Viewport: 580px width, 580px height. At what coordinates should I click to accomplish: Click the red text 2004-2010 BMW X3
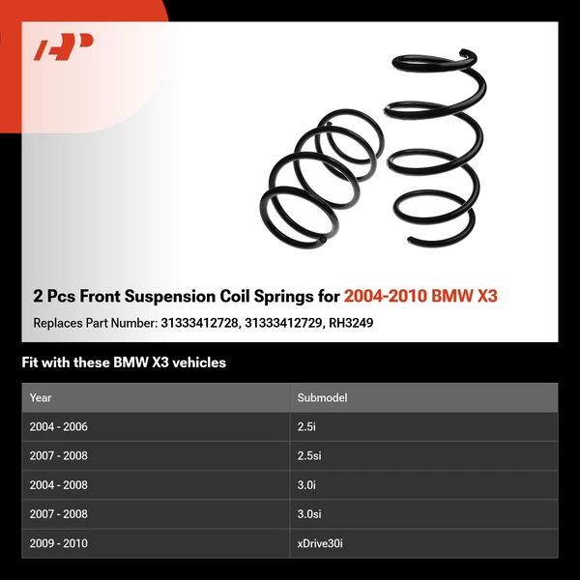point(420,295)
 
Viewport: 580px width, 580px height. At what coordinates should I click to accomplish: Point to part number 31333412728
point(199,323)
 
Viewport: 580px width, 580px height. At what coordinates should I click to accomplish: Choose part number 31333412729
point(287,323)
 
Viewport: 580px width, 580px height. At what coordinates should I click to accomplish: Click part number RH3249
point(352,323)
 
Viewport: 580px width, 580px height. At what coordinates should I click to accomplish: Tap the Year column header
point(41,397)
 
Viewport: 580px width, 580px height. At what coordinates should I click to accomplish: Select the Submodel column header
point(322,397)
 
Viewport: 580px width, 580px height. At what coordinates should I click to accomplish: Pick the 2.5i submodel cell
point(307,426)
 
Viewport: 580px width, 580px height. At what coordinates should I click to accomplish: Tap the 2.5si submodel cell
point(310,455)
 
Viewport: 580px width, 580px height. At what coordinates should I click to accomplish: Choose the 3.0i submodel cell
point(307,485)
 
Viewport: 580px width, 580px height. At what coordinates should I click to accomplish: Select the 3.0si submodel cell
point(310,514)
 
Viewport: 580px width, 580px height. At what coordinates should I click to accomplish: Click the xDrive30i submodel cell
point(320,543)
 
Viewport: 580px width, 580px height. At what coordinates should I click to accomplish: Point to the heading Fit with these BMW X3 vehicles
point(124,362)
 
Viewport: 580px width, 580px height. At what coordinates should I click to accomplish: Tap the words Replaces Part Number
point(92,323)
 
